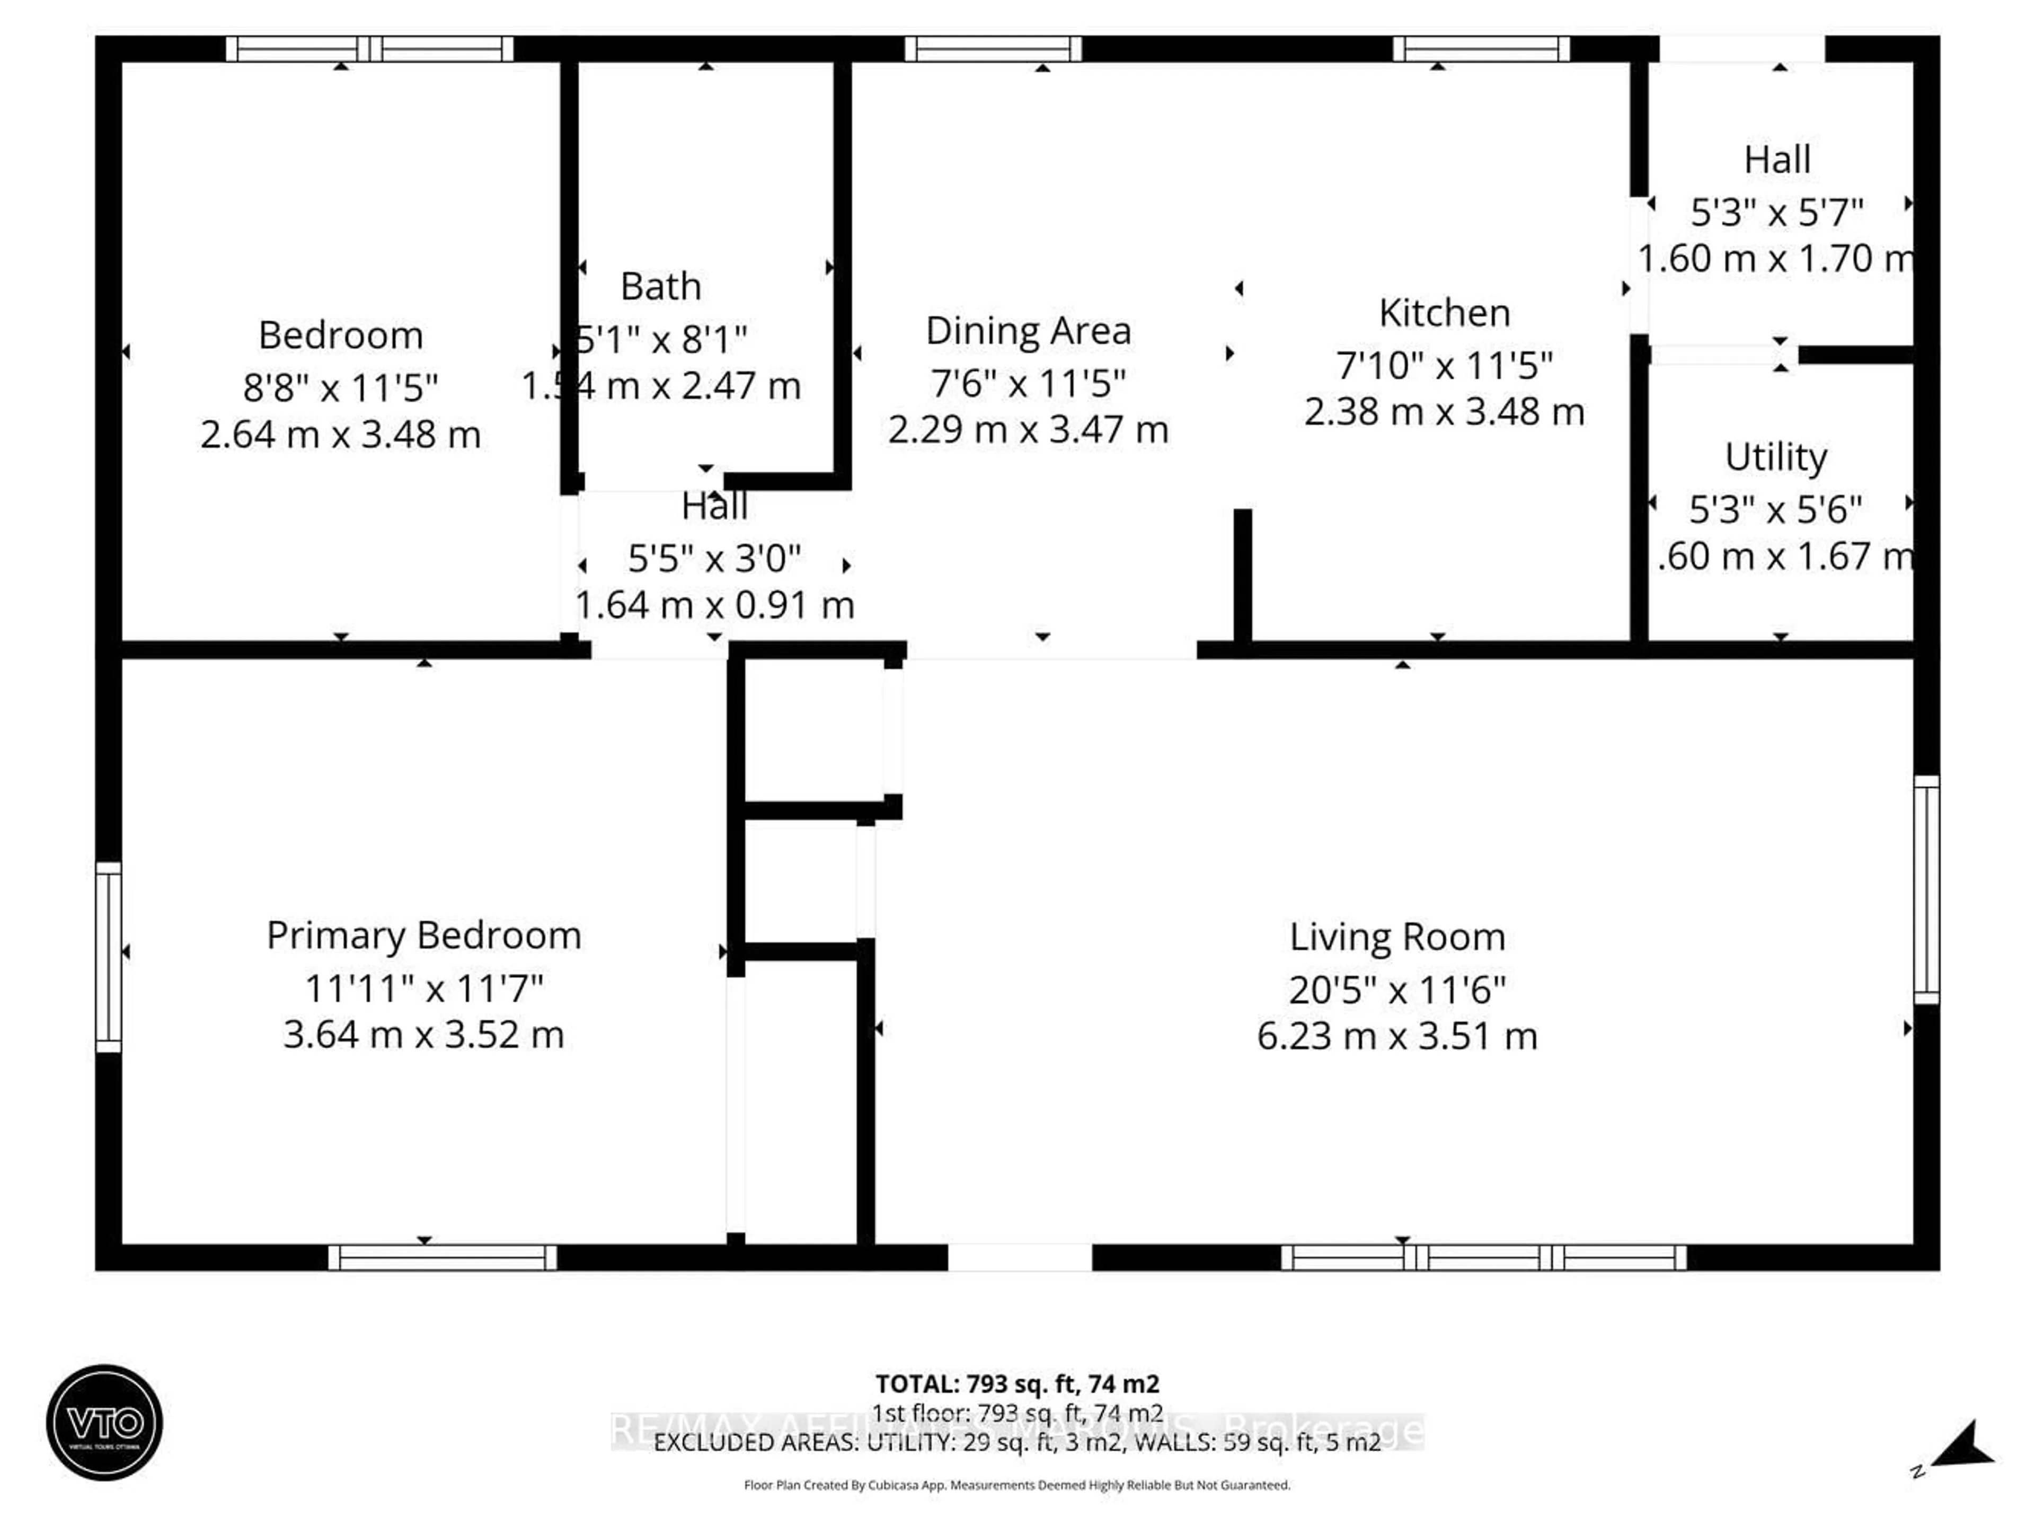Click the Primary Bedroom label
point(423,935)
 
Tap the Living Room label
point(1396,938)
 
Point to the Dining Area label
point(1028,331)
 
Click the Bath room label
point(660,286)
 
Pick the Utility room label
point(1775,457)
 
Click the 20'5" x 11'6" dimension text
point(1396,990)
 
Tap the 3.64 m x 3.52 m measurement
point(423,1035)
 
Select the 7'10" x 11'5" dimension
point(1444,365)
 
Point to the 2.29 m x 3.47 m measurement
point(1028,429)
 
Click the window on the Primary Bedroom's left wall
point(109,957)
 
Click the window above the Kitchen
point(1480,49)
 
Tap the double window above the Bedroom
point(369,49)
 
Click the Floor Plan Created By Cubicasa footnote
point(1016,1485)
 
